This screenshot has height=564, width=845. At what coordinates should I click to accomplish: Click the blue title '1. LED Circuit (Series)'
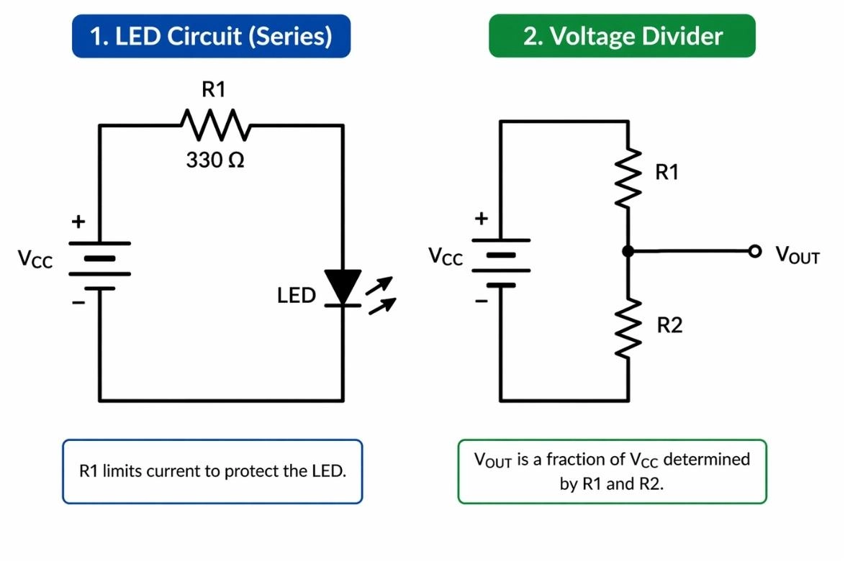211,36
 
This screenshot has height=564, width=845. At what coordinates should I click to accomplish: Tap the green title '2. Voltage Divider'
622,36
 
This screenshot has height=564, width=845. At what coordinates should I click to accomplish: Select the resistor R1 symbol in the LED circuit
214,125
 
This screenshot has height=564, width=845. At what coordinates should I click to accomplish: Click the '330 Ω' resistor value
214,160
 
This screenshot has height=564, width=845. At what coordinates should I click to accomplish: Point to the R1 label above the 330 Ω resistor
213,90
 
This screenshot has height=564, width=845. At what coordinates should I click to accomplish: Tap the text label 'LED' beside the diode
296,296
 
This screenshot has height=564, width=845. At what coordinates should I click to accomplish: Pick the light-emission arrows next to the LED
381,295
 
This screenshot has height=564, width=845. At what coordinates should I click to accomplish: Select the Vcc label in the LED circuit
35,259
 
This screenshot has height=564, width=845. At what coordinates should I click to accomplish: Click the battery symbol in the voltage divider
501,263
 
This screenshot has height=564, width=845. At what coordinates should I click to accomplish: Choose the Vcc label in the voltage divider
446,256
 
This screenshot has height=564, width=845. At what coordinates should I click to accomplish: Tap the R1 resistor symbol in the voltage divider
628,178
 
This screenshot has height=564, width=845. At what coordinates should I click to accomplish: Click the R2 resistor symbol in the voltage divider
628,328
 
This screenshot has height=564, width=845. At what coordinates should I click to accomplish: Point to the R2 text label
669,326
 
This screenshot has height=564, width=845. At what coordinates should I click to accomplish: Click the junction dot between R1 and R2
628,251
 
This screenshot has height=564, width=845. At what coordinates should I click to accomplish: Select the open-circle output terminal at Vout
754,251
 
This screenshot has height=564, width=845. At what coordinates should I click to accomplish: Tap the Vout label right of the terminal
797,255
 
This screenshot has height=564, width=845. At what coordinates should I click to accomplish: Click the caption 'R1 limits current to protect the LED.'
212,472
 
